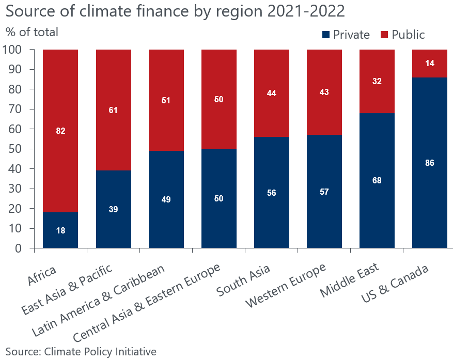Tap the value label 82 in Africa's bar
(x=60, y=131)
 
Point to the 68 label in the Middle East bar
(x=377, y=180)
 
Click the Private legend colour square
(x=326, y=35)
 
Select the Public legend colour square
(x=385, y=35)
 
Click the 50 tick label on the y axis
(x=17, y=149)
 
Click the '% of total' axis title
(x=32, y=32)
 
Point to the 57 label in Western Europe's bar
(x=324, y=192)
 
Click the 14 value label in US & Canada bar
(x=429, y=64)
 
